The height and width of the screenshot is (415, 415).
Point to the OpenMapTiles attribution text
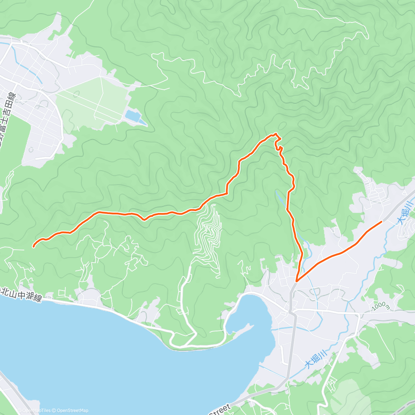pos(35,411)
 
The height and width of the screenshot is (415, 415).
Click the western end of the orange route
pos(34,246)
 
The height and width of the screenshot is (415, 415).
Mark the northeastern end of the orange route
pos(381,221)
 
